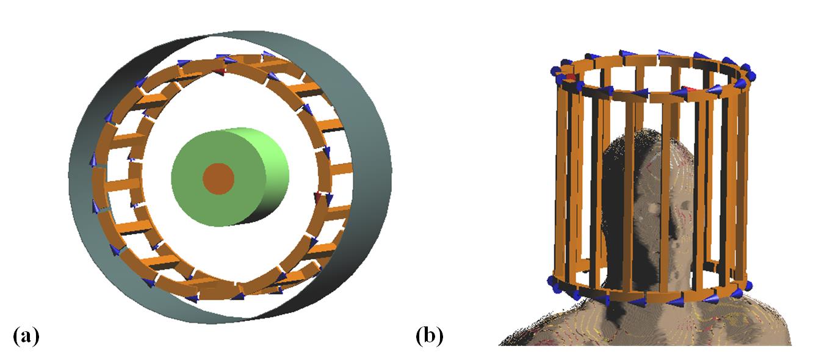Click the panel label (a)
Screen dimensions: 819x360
coord(26,335)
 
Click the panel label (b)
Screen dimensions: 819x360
coord(430,335)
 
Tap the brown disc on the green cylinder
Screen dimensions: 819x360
coord(218,179)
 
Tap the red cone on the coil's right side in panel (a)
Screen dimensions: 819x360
coord(317,196)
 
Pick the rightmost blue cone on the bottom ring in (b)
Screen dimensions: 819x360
coord(747,285)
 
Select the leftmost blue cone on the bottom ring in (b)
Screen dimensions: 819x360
coord(553,282)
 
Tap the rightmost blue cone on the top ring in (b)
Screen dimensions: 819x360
coord(751,76)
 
